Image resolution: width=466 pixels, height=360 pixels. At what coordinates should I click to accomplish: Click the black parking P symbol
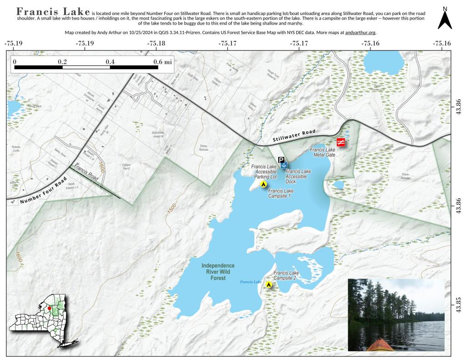click(281, 160)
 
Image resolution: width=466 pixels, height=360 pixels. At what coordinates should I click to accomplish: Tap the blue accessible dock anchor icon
click(284, 166)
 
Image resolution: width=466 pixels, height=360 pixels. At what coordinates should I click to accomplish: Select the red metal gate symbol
click(340, 142)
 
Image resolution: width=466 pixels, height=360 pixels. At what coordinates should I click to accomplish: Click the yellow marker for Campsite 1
click(263, 184)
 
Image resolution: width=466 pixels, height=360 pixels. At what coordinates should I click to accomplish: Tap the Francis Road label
click(86, 173)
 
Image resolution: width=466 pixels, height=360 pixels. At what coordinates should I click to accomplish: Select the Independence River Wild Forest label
click(218, 272)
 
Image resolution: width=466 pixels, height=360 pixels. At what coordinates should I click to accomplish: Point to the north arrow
click(445, 19)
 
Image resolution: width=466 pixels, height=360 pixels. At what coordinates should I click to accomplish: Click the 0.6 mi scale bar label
click(162, 61)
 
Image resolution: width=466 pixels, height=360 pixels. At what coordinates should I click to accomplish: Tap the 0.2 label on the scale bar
click(62, 61)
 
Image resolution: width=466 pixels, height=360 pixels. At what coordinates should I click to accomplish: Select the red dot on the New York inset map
click(50, 308)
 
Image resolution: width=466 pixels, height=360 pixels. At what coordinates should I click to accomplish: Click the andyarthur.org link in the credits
click(360, 33)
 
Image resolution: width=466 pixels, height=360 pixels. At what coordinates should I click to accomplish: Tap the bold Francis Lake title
click(53, 11)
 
